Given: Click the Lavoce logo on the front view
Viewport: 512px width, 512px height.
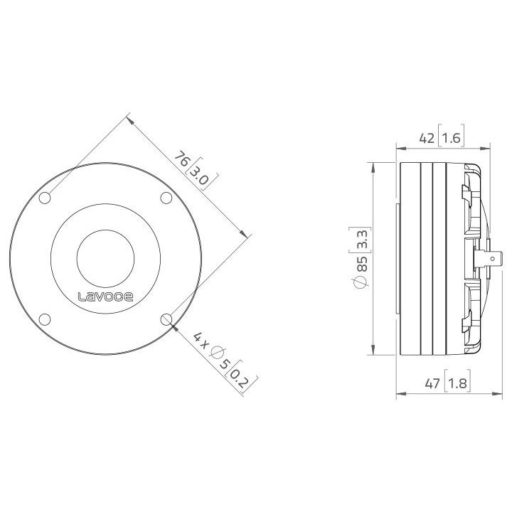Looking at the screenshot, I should tap(105, 297).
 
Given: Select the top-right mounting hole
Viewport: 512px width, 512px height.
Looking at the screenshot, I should tap(166, 197).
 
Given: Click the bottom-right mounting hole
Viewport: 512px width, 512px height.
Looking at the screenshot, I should tap(166, 319).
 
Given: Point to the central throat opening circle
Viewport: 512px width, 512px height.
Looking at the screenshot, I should tap(105, 257).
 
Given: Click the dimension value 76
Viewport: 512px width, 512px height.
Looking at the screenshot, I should tap(183, 159).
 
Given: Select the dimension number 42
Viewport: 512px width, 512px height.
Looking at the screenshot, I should tap(427, 139).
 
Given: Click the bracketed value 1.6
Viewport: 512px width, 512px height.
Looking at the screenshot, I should tap(452, 139).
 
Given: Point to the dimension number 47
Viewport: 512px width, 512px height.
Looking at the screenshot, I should tap(432, 385).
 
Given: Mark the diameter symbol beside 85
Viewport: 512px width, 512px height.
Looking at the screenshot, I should tap(361, 282).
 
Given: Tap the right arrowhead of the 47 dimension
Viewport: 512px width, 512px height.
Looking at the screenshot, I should tap(487, 395).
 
